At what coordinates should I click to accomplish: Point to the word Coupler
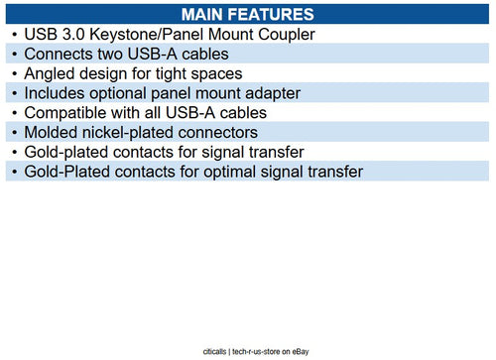284,35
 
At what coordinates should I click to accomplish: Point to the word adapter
269,93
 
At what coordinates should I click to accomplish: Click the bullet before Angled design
13,74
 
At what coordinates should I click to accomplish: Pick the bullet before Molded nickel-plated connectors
13,133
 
